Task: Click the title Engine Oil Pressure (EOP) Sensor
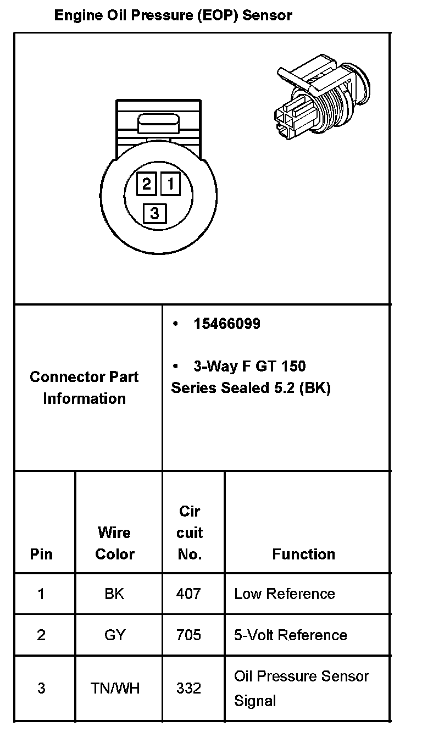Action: click(x=173, y=15)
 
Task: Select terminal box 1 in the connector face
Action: click(x=170, y=183)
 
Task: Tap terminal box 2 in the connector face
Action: click(x=147, y=183)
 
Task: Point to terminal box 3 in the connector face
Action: click(x=154, y=213)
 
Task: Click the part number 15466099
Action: click(x=226, y=324)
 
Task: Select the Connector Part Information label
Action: click(x=84, y=387)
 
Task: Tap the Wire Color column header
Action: click(x=114, y=543)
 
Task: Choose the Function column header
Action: click(x=303, y=554)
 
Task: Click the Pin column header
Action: click(x=41, y=554)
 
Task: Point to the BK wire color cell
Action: click(x=114, y=594)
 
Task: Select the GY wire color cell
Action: click(x=114, y=635)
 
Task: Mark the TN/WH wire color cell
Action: click(x=114, y=688)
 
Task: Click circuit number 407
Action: click(x=188, y=594)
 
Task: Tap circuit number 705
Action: click(x=188, y=635)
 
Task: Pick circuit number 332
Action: click(x=188, y=688)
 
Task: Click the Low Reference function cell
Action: click(x=284, y=594)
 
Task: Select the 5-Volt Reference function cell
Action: click(x=290, y=635)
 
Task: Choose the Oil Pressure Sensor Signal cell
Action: click(x=301, y=688)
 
